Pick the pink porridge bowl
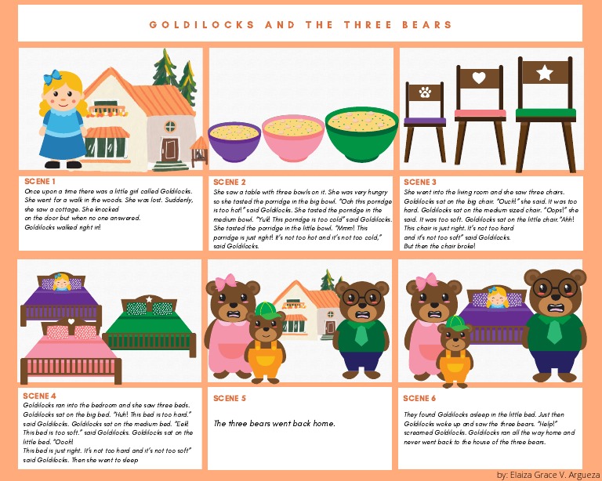tap(292, 136)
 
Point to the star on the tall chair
tap(544, 72)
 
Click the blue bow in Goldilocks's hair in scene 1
tap(53, 78)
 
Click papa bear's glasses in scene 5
tap(361, 296)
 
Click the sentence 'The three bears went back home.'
tap(274, 424)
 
